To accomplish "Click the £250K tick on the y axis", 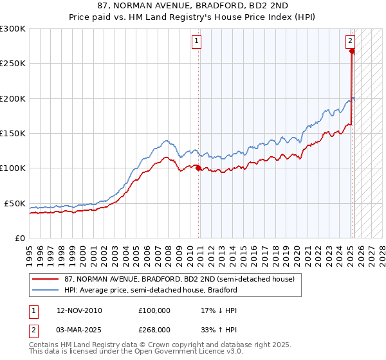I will pos(13,64).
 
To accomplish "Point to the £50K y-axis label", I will pos(15,203).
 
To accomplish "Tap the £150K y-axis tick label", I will pos(13,133).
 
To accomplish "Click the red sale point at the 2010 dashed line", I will pos(198,168).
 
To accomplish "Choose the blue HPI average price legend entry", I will pos(151,290).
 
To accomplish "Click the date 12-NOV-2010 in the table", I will pos(79,310).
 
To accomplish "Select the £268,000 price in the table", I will pos(154,328).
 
